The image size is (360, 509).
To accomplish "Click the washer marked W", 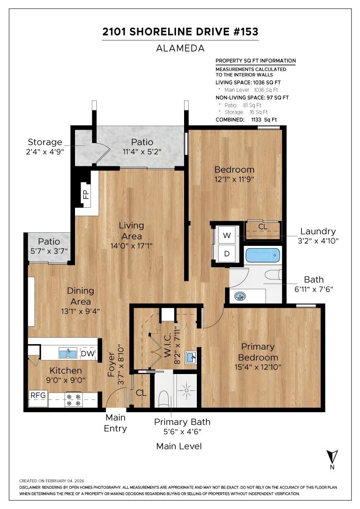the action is click(x=227, y=235).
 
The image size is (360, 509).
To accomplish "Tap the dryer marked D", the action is click(x=227, y=254).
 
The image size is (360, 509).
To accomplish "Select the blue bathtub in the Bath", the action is click(x=263, y=255).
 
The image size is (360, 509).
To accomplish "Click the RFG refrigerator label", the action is click(x=38, y=395).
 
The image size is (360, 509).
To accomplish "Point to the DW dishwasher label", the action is click(x=88, y=354).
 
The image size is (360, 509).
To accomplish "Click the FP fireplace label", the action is click(x=86, y=195).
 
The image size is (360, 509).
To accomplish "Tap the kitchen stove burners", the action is click(x=73, y=400).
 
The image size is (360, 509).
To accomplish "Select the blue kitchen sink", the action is click(x=68, y=353).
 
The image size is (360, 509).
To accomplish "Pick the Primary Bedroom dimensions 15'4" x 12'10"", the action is click(x=258, y=367).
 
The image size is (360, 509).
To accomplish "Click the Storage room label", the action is click(x=45, y=142).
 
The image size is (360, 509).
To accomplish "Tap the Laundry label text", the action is click(x=318, y=231).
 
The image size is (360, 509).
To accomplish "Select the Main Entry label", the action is click(x=115, y=423).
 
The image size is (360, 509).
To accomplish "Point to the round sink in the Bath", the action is click(x=240, y=296).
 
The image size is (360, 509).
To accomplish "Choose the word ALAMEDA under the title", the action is click(x=180, y=48).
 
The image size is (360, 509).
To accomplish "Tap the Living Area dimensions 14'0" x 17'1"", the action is click(x=131, y=246).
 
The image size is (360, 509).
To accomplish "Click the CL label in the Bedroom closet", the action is click(x=263, y=227).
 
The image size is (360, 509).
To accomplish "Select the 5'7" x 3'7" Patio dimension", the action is click(x=49, y=251).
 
